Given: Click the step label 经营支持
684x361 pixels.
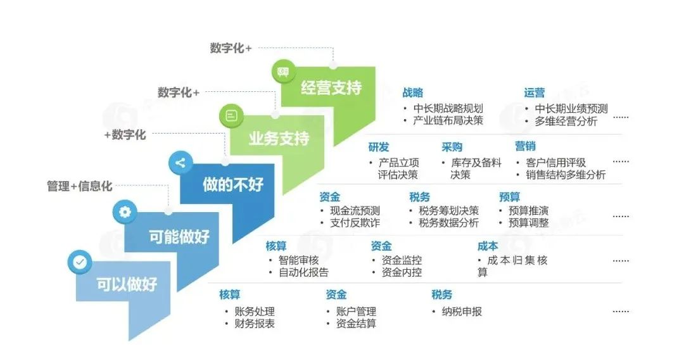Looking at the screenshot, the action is (x=331, y=88).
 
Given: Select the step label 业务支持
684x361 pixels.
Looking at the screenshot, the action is (x=279, y=138).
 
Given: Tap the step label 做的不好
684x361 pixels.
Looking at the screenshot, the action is (x=232, y=184).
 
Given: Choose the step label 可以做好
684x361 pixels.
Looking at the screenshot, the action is (x=127, y=283).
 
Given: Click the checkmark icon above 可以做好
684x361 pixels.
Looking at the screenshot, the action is (x=80, y=261).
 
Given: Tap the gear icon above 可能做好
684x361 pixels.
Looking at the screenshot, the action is (x=125, y=212).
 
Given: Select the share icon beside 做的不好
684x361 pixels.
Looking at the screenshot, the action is (x=180, y=163).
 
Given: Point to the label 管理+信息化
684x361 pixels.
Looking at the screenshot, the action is (x=80, y=186).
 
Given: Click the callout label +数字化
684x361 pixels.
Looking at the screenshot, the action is (x=125, y=135).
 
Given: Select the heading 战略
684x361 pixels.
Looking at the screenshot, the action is (x=412, y=92).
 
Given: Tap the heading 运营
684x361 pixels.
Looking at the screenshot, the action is (x=534, y=92).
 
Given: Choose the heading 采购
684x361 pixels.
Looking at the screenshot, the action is (x=452, y=148).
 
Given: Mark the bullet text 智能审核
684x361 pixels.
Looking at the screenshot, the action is (x=299, y=260).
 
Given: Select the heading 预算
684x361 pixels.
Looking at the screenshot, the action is (x=510, y=197).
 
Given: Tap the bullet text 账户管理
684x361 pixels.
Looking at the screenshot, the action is (x=357, y=311).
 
